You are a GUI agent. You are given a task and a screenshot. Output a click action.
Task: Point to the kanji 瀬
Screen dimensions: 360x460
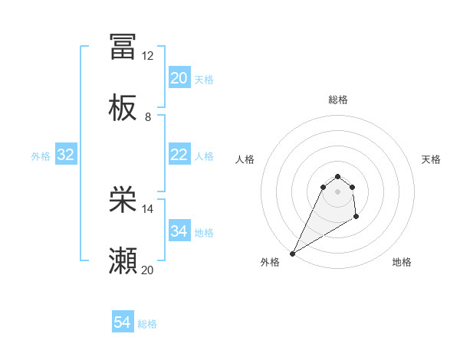coord(123,261)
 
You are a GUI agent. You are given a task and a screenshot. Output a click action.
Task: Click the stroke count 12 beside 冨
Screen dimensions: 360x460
coord(148,56)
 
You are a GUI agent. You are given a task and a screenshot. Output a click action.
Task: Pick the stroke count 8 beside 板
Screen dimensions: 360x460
coord(148,117)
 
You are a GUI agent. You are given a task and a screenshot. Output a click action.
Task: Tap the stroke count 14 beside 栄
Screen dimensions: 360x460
coord(148,208)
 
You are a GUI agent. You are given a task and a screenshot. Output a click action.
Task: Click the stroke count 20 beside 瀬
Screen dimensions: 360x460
coord(148,270)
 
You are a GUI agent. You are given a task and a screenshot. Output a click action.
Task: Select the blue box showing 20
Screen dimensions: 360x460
coord(179,78)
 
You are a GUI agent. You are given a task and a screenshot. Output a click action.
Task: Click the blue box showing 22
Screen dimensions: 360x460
coord(179,155)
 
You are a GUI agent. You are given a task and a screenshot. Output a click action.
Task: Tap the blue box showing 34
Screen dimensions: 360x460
coord(179,231)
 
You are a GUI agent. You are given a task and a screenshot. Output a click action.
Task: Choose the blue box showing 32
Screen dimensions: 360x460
coord(66,155)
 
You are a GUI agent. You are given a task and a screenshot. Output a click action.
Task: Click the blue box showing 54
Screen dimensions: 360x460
coord(123,323)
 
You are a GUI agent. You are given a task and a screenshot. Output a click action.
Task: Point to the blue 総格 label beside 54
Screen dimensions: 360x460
coord(147,324)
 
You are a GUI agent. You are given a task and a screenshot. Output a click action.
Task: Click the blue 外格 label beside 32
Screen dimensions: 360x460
coord(41,155)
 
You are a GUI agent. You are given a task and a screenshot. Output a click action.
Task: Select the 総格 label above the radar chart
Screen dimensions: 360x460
coord(338,100)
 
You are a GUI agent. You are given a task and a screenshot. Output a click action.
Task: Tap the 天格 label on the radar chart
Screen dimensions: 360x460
coord(431,159)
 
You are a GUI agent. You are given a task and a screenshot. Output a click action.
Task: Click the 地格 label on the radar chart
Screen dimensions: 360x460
coord(402,262)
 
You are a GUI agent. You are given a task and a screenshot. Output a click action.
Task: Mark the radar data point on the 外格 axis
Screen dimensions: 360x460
coord(292,254)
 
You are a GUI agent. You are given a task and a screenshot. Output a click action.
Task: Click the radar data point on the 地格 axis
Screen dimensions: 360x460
coord(356,218)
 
